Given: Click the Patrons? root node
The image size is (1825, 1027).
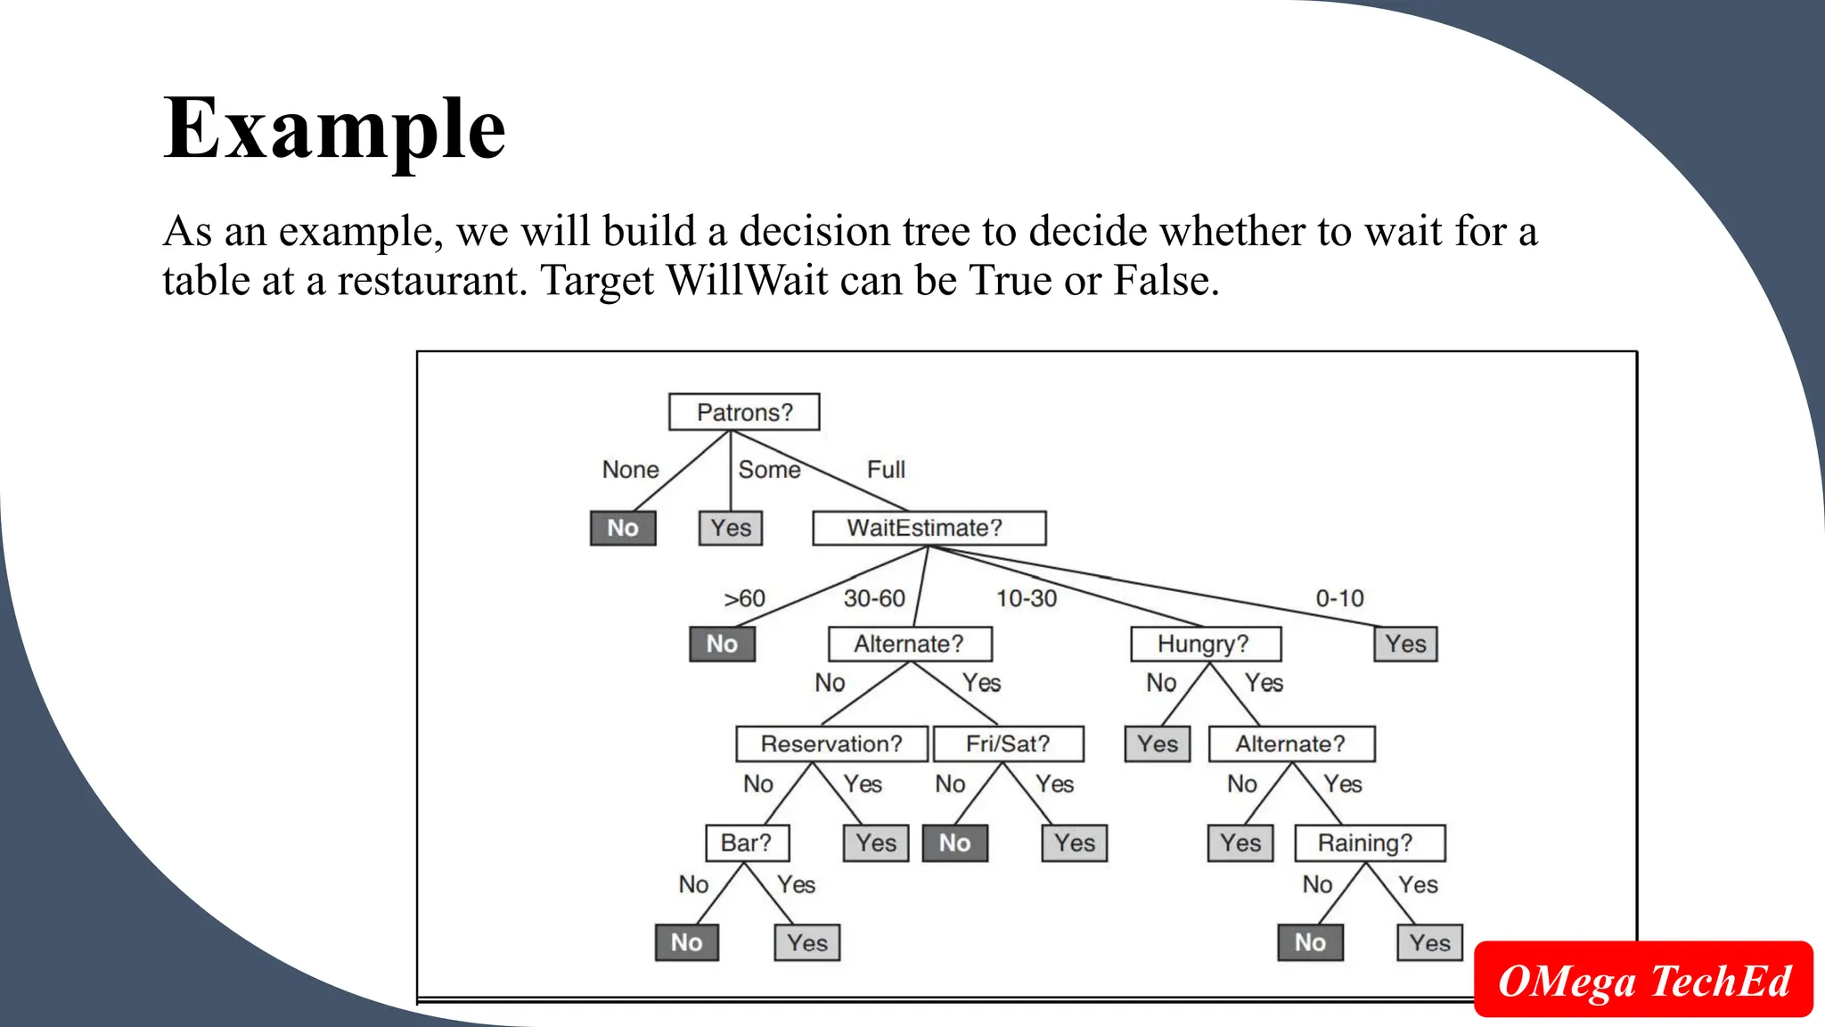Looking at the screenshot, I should [x=744, y=413].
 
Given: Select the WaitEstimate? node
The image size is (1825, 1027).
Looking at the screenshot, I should [x=929, y=528].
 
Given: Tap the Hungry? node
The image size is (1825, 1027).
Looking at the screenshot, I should [x=1205, y=644].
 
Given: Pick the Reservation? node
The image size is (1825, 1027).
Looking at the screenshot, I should [x=831, y=744].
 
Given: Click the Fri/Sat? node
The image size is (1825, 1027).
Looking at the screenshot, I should [x=1008, y=744].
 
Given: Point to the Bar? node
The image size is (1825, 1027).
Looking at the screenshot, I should [x=747, y=842].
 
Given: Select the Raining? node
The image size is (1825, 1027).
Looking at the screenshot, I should [x=1369, y=842].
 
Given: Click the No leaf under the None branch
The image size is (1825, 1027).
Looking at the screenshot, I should [x=623, y=528].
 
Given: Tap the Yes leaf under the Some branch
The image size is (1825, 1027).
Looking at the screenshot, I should [x=731, y=528].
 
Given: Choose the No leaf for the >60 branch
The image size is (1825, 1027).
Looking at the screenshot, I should [x=722, y=644].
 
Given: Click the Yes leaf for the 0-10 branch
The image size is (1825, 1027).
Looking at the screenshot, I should [x=1405, y=644].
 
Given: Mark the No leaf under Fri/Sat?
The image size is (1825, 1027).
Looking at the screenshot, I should [x=954, y=842].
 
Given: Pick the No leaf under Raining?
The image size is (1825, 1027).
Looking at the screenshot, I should [x=1310, y=942].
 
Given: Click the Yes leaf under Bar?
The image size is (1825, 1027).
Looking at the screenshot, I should [x=807, y=942].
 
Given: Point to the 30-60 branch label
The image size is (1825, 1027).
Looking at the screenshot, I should [x=874, y=598].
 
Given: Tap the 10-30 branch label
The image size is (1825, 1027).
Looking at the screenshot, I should [x=1027, y=598].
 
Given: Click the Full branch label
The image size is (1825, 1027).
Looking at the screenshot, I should [x=886, y=470].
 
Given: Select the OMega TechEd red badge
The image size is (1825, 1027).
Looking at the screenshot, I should [x=1643, y=980].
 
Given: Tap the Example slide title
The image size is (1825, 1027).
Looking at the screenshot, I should [x=335, y=129].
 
